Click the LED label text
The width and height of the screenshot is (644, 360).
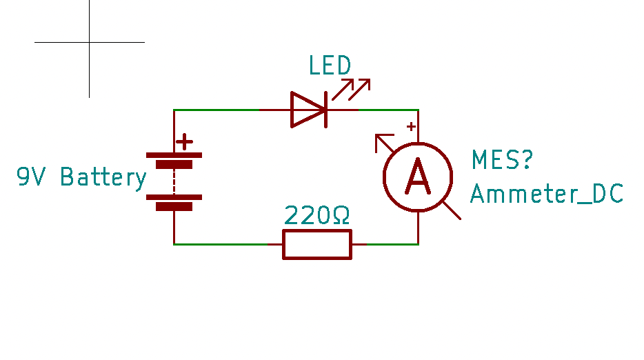pos(330,66)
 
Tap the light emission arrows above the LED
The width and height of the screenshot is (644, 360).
pos(352,88)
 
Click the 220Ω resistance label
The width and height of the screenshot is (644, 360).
pos(317,217)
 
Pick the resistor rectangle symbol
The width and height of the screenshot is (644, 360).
pos(317,244)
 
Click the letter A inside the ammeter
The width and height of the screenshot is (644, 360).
pos(418,177)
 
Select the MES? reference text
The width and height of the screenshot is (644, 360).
pos(502,160)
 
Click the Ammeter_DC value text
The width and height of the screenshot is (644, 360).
pos(546,194)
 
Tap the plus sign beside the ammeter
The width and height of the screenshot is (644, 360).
pos(410,126)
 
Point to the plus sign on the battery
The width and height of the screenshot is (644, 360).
pos(184,142)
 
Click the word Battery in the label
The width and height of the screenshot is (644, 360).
pos(103,177)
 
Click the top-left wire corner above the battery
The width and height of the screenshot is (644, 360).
pos(174,110)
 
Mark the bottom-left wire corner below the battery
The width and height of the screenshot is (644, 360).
pos(174,244)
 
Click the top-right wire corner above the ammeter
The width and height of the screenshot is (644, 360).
pos(419,110)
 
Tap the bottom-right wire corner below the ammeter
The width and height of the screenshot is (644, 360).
pos(419,244)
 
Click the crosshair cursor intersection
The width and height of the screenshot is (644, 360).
pos(89,42)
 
